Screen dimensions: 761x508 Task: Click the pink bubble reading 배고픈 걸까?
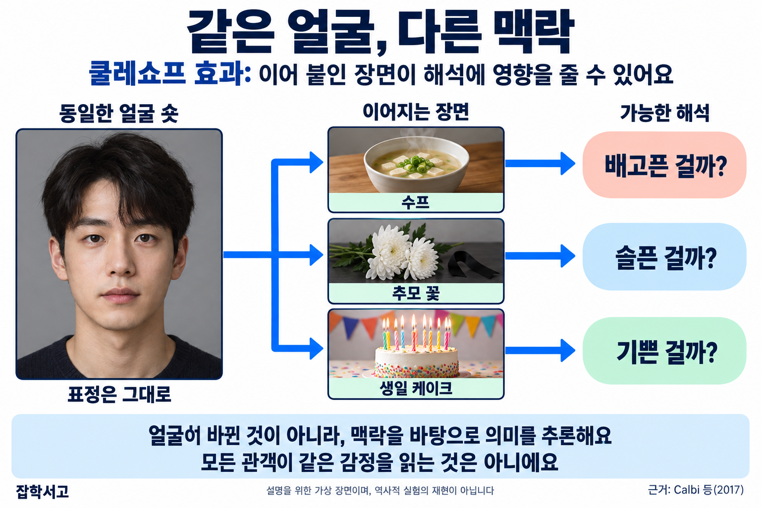pos(664,165)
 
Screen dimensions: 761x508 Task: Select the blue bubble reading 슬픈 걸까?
pos(664,257)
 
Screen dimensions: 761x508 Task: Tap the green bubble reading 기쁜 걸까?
pos(664,351)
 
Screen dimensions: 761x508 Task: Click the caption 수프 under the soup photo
pos(416,202)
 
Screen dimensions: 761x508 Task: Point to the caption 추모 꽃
pos(416,293)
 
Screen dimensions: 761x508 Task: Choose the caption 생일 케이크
pos(416,388)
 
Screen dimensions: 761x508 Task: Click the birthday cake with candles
pos(417,354)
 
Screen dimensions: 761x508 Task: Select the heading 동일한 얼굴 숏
pos(118,113)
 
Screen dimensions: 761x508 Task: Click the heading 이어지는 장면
pos(416,112)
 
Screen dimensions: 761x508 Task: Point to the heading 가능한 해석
pos(664,113)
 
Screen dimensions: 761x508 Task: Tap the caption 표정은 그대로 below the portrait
pos(119,394)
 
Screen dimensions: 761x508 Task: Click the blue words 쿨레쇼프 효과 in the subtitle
pos(169,73)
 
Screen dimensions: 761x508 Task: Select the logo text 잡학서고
pos(43,491)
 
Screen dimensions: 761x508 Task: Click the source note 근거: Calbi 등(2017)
pos(696,490)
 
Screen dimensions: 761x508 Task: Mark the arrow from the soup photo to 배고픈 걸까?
pos(540,164)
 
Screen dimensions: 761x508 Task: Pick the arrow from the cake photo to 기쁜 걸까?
pos(540,350)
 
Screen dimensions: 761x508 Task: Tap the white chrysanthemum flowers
pos(401,253)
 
